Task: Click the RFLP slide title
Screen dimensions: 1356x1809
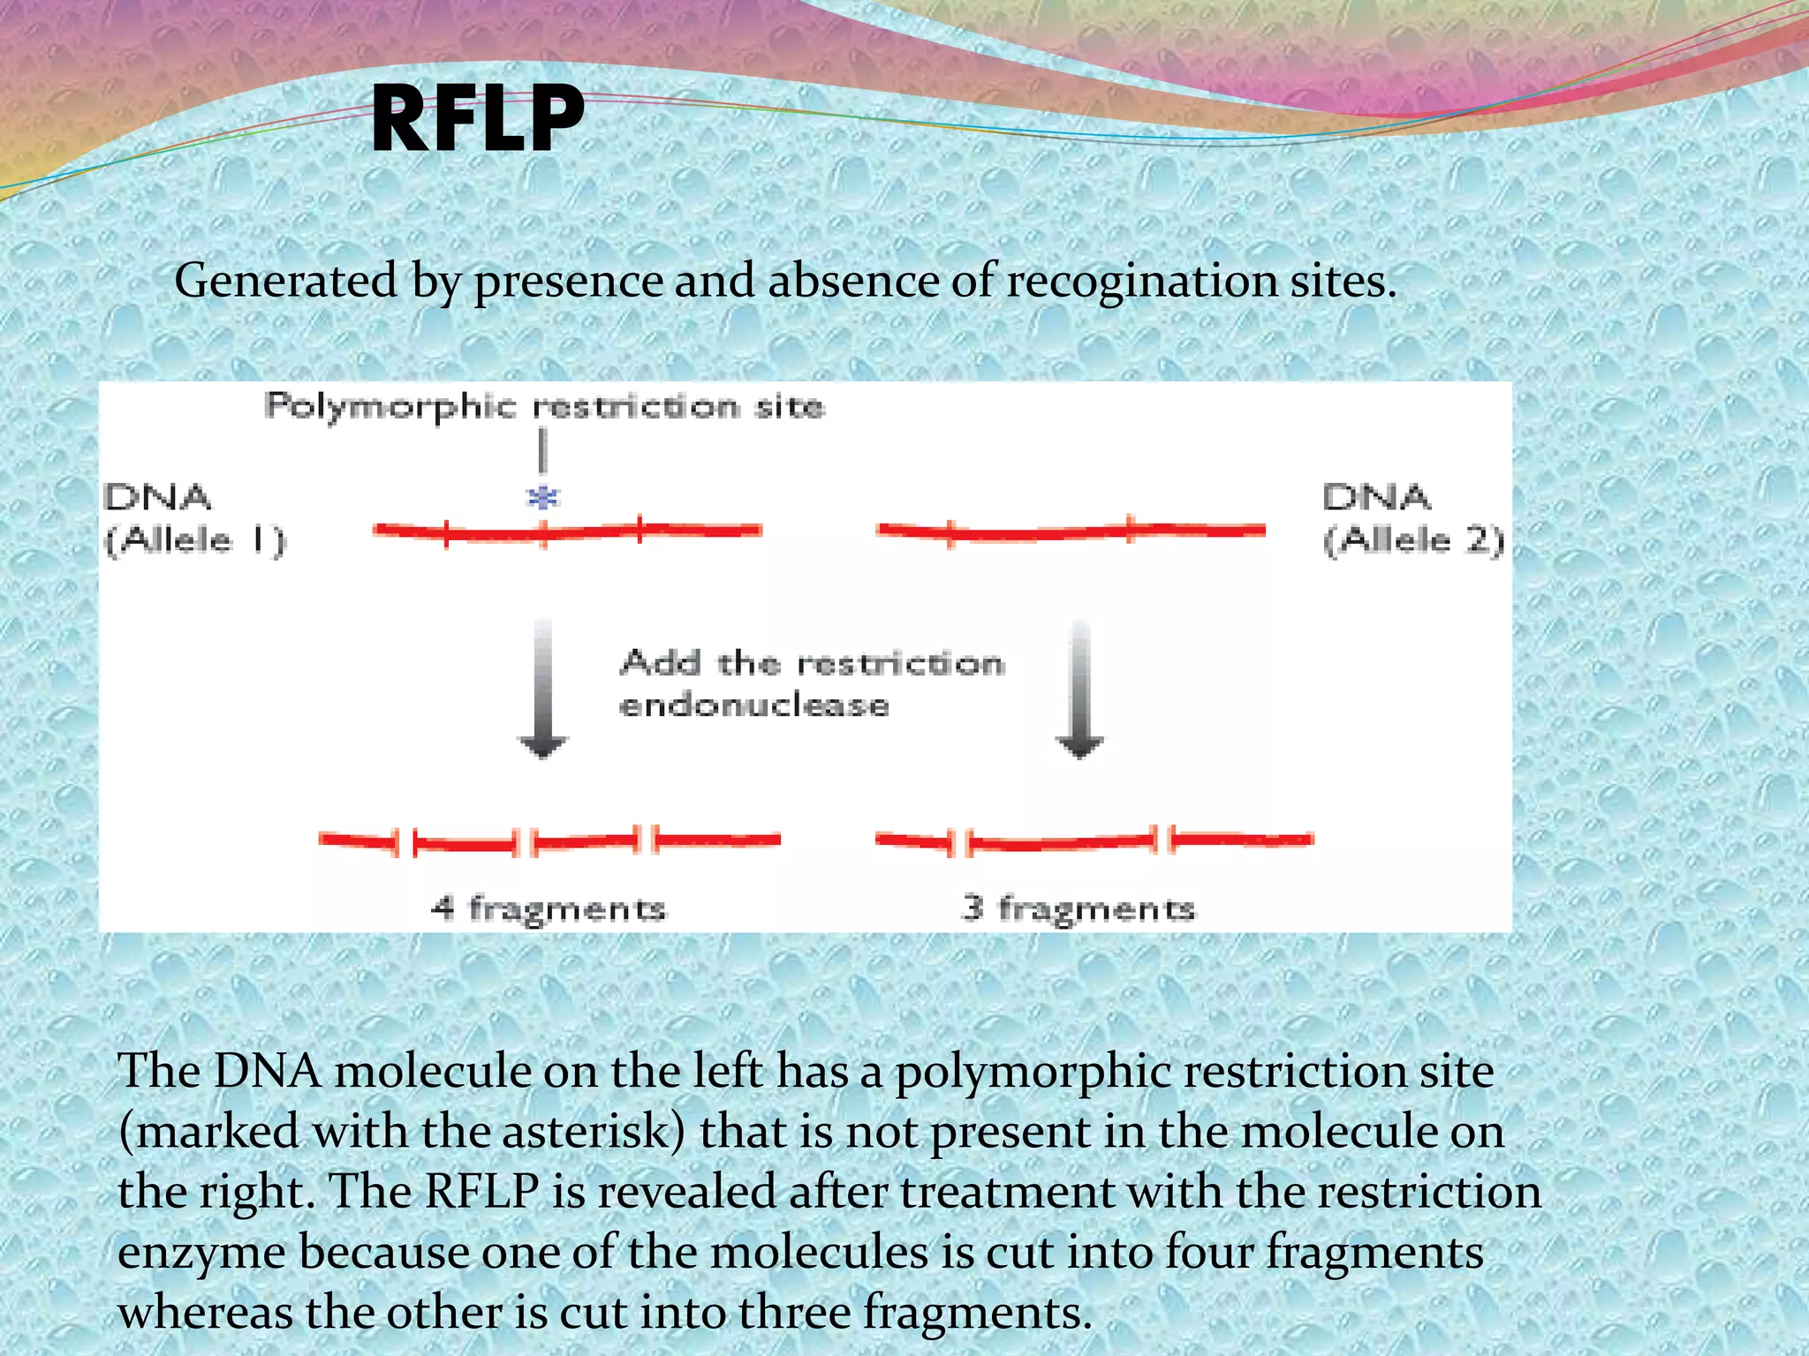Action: pyautogui.click(x=477, y=119)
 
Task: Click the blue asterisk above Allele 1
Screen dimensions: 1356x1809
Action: pyautogui.click(x=542, y=498)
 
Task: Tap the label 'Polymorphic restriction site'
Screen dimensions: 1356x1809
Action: pyautogui.click(x=544, y=407)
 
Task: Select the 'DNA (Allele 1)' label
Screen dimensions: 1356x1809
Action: pyautogui.click(x=194, y=519)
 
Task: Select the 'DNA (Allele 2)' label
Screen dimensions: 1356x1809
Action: pyautogui.click(x=1412, y=519)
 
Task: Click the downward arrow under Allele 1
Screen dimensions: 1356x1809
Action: pyautogui.click(x=542, y=689)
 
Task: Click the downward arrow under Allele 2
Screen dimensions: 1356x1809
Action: pyautogui.click(x=1079, y=689)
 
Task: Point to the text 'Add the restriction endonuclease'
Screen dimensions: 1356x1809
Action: pyautogui.click(x=811, y=683)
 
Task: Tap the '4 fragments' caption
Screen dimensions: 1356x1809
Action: pyautogui.click(x=548, y=908)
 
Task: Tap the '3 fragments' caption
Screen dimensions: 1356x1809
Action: pyautogui.click(x=1078, y=908)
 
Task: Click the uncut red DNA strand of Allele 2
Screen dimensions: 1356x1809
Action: pyautogui.click(x=1071, y=531)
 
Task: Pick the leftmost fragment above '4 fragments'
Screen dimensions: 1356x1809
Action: pyautogui.click(x=357, y=840)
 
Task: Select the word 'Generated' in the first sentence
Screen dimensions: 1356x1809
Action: pyautogui.click(x=285, y=282)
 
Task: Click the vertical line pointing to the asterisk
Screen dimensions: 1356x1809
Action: pyautogui.click(x=542, y=450)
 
